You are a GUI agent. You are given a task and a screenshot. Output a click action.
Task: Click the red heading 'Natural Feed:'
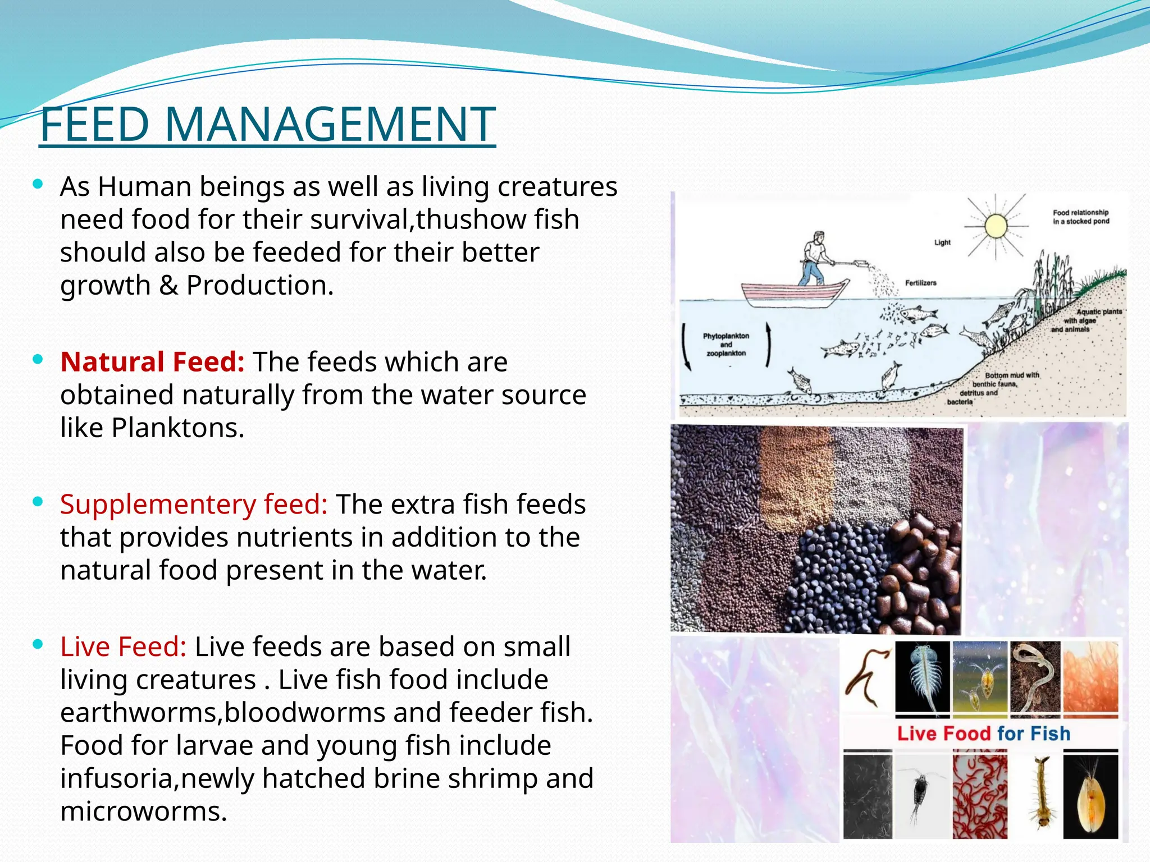coord(152,362)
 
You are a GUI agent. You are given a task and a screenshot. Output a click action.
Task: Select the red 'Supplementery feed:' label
coord(194,505)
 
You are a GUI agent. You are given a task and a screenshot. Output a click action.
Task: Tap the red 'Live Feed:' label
coord(123,647)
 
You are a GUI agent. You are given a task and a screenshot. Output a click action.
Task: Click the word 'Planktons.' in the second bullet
coord(178,428)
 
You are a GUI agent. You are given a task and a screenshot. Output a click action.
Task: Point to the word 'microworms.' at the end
coord(144,812)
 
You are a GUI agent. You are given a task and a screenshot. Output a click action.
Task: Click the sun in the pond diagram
coord(996,226)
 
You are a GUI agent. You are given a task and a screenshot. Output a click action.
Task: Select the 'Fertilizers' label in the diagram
coord(920,283)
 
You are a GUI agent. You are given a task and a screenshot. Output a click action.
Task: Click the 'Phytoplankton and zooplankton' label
coord(726,345)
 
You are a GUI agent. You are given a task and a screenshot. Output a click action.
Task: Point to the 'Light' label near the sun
coord(942,242)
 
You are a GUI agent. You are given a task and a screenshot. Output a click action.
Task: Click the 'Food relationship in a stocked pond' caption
coord(1080,217)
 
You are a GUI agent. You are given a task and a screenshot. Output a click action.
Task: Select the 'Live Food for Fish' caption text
coord(983,733)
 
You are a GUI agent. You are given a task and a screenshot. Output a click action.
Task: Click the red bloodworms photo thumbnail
coord(980,796)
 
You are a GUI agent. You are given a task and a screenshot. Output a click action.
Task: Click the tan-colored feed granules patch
coord(795,477)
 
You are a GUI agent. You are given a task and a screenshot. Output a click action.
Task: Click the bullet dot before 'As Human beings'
coord(38,184)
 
